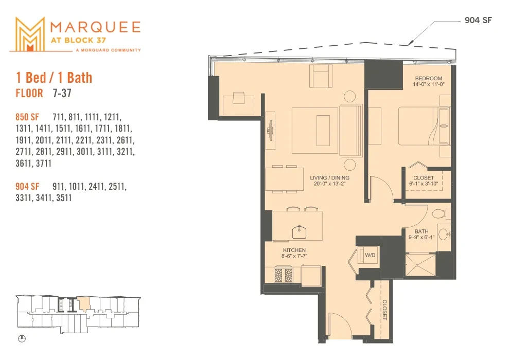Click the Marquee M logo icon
30,34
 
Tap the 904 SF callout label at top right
478,20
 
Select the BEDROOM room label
429,78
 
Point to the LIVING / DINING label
330,177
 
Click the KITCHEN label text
294,250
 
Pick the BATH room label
421,231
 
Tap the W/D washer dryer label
370,255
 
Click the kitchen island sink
299,232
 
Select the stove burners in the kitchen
284,275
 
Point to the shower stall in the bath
420,265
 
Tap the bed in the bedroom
424,126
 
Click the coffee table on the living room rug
323,130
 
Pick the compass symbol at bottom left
22,338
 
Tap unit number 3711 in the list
44,164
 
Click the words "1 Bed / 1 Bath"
54,78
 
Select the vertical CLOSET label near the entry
384,310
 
